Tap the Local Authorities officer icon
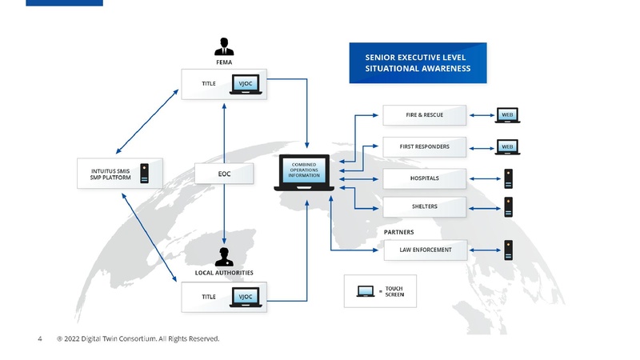224,256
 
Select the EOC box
224,173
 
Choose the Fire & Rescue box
424,115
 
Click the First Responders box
424,147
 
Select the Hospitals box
424,178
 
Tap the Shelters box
424,206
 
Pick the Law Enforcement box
424,250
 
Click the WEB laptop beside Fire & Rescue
506,115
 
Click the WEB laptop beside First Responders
506,147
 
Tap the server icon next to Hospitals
508,178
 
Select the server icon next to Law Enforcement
508,250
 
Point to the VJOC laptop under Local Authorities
245,298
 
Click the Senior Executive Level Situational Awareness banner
418,63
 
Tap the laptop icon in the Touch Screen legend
366,291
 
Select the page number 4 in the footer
40,339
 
